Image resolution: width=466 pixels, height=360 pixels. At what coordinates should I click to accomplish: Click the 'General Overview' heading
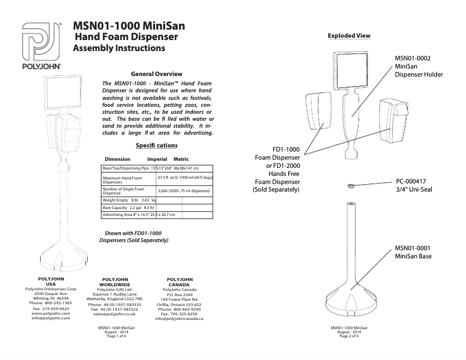click(156, 74)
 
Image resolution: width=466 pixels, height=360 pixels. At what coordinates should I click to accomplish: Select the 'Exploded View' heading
click(349, 36)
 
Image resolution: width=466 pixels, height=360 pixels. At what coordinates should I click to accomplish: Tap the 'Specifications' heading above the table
click(156, 145)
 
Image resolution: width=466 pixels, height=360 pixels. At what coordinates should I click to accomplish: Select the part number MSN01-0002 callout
click(413, 58)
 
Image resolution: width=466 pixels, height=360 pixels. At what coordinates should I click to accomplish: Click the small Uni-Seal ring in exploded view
click(352, 186)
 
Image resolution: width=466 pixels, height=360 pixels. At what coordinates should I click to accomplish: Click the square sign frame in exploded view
click(352, 72)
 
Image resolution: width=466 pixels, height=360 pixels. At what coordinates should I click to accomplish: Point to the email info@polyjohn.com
click(51, 318)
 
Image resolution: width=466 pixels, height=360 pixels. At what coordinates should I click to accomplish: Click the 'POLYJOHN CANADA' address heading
click(180, 282)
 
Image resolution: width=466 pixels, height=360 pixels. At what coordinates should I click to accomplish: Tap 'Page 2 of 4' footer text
click(351, 336)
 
